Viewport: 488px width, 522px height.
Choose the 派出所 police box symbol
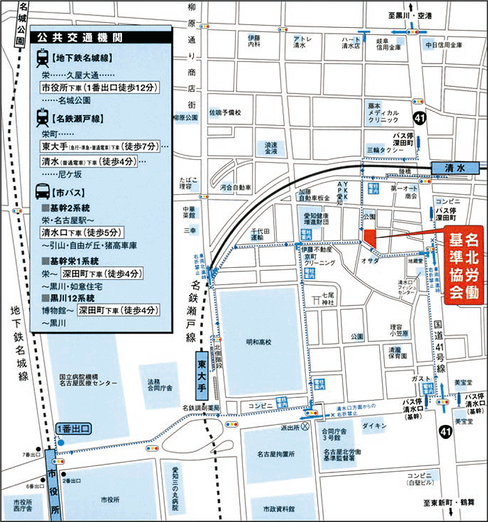304,426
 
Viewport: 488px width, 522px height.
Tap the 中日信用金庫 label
441,45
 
